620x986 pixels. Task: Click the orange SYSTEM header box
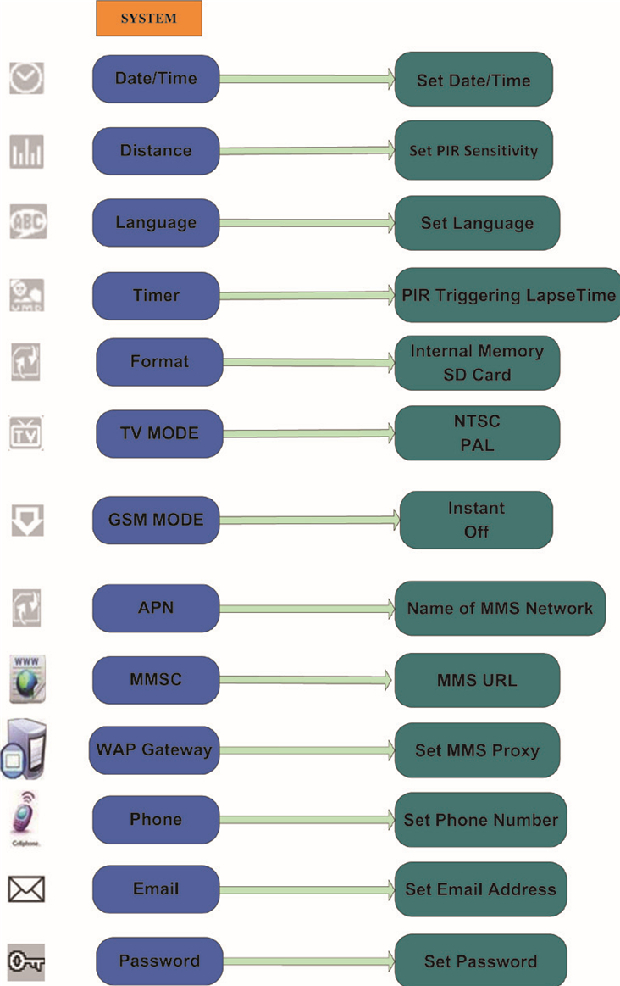pos(148,19)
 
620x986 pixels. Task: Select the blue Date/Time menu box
pos(156,79)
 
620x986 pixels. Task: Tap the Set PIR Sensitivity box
pos(473,151)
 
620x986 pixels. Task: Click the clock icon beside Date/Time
pos(26,80)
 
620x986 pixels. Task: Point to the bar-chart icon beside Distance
pos(26,152)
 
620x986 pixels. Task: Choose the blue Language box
pos(156,223)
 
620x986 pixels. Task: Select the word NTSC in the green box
pos(477,421)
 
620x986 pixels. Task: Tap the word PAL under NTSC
pos(477,444)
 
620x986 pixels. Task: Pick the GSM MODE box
pos(156,519)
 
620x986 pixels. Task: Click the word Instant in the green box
pos(476,509)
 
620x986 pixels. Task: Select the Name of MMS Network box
pos(500,608)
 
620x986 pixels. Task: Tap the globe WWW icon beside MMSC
pos(27,678)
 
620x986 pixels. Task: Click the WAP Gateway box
pos(153,749)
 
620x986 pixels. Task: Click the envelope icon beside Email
pos(26,889)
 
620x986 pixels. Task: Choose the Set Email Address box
pos(480,889)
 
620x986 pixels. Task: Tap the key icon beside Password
pos(26,961)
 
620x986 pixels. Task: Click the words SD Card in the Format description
pos(477,374)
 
